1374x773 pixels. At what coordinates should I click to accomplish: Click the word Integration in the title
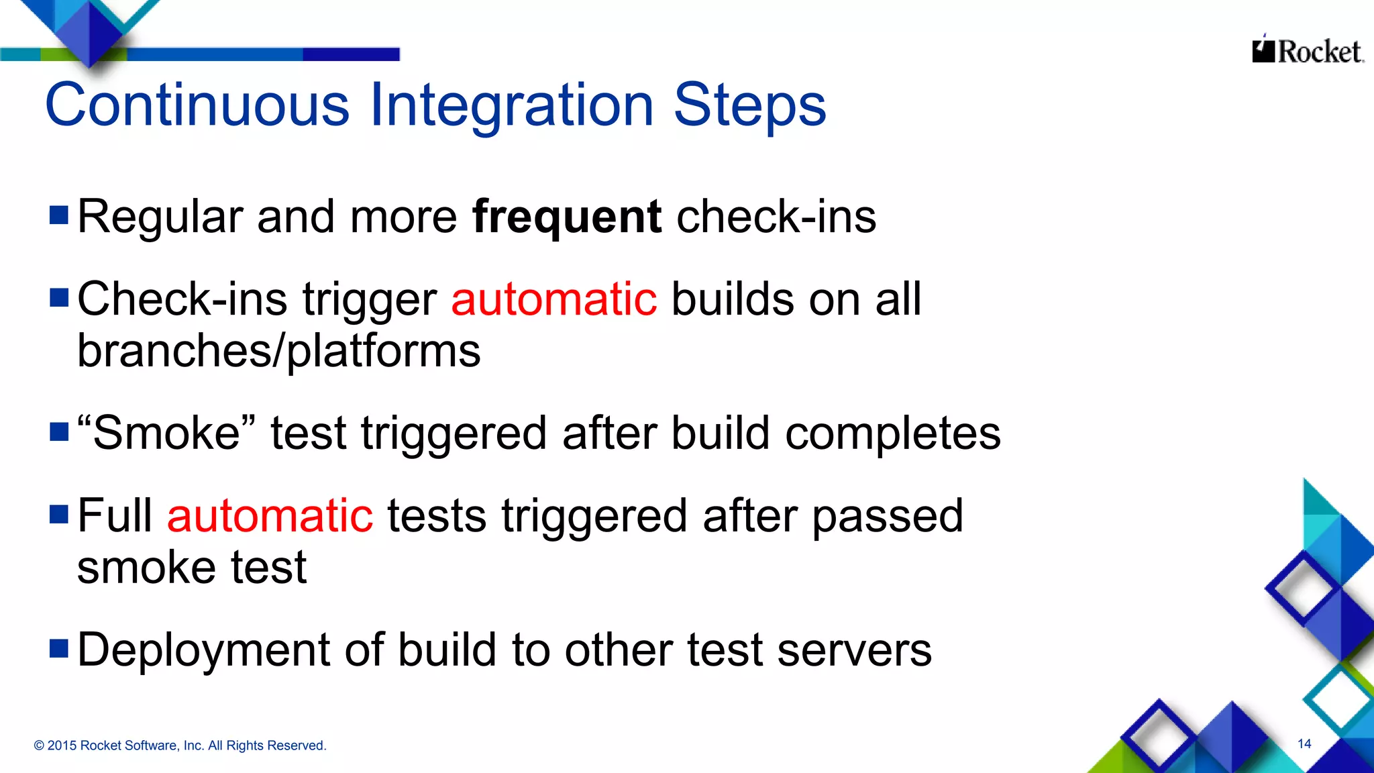[x=511, y=105]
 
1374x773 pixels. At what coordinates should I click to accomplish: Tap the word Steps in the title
[x=749, y=105]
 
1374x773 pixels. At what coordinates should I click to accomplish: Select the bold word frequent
[x=567, y=217]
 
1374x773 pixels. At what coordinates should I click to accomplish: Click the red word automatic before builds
[x=553, y=299]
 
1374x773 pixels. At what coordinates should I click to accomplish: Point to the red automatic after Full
[x=270, y=516]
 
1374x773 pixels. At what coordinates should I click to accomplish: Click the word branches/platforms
[x=278, y=352]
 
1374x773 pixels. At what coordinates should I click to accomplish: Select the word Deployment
[x=204, y=650]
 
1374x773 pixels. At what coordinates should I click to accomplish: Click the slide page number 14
[x=1304, y=743]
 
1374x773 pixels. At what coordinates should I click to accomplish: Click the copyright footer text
[x=180, y=745]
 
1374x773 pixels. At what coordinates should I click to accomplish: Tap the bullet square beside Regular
[x=59, y=215]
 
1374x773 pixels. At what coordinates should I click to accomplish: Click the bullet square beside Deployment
[x=59, y=648]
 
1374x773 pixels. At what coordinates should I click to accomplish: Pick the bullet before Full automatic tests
[x=59, y=514]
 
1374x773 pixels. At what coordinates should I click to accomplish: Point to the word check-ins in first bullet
[x=776, y=217]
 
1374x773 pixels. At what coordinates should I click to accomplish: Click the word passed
[x=888, y=516]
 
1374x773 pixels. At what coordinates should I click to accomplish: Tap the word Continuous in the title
[x=197, y=105]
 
